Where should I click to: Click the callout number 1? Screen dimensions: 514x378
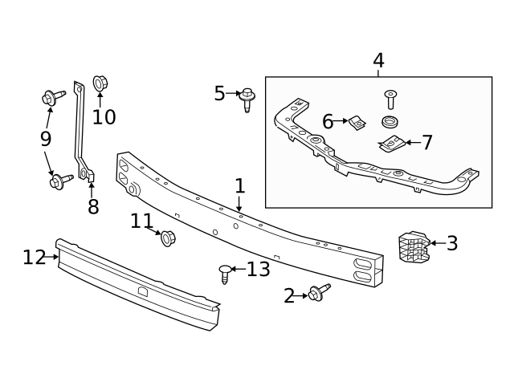240,185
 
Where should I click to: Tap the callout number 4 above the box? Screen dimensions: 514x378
378,61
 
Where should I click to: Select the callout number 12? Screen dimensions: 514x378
34,257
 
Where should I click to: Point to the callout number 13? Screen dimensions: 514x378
259,269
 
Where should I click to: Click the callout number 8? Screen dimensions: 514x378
93,206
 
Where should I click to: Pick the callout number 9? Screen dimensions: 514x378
46,139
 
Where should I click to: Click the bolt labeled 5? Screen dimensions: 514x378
247,100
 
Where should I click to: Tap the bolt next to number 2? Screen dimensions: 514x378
320,292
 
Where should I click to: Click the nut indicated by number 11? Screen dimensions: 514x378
169,238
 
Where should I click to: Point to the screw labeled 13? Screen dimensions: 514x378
225,274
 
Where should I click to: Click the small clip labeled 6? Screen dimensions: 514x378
357,123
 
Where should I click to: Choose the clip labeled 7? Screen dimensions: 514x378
391,143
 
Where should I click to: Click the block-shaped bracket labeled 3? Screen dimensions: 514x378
414,247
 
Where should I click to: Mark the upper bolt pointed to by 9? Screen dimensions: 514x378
54,97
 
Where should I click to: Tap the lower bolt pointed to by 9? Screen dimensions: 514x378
61,181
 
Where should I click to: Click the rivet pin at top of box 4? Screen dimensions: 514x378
390,100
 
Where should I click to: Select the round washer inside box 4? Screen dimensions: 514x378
390,122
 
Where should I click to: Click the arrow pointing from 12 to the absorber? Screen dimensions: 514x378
52,257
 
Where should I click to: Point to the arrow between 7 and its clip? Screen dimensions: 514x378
414,143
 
